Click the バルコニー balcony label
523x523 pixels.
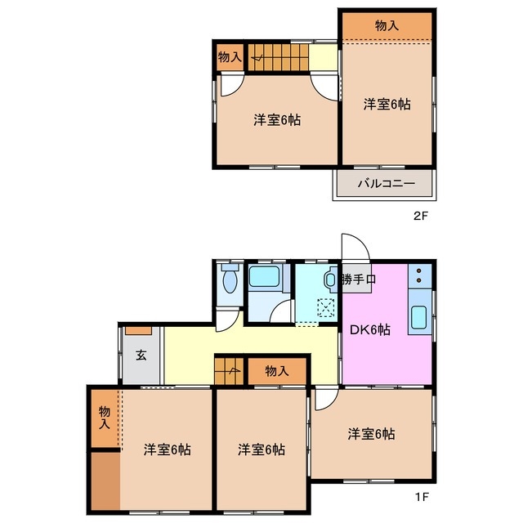pyautogui.click(x=387, y=184)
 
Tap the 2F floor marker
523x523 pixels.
pyautogui.click(x=419, y=217)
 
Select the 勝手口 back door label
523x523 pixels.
pyautogui.click(x=359, y=280)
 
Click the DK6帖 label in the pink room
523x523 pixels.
pyautogui.click(x=370, y=330)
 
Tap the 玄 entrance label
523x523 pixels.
pyautogui.click(x=141, y=355)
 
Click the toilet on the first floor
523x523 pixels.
pyautogui.click(x=229, y=281)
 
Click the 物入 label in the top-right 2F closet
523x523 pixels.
pyautogui.click(x=387, y=25)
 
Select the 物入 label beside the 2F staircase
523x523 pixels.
pyautogui.click(x=230, y=57)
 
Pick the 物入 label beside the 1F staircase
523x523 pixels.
pyautogui.click(x=277, y=371)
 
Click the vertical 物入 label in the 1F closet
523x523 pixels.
pyautogui.click(x=105, y=417)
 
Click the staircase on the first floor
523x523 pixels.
pyautogui.click(x=230, y=369)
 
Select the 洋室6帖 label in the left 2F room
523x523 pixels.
pyautogui.click(x=276, y=120)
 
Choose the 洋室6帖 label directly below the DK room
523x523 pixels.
pyautogui.click(x=371, y=434)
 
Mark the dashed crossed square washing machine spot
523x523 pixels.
pyautogui.click(x=325, y=308)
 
